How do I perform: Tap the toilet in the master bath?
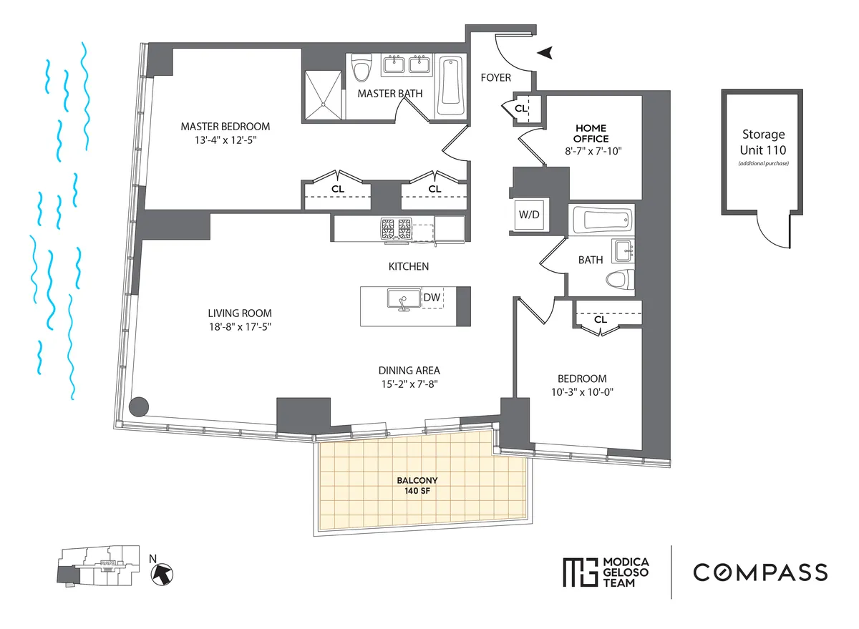click(x=363, y=69)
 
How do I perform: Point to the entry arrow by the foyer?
click(x=546, y=52)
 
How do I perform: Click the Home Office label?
click(x=591, y=133)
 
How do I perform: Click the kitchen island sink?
click(x=402, y=299)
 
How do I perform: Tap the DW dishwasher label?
click(x=432, y=298)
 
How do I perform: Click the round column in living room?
click(x=139, y=406)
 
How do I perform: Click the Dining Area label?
click(x=409, y=371)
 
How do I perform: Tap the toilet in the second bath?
click(x=620, y=280)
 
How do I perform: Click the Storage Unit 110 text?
click(x=763, y=142)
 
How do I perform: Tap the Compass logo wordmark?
click(x=759, y=572)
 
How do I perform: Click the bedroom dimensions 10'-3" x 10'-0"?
click(x=582, y=392)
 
